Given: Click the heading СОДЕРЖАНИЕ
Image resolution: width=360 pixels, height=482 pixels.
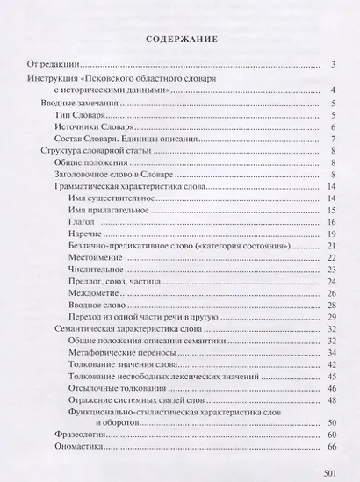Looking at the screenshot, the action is [179, 40].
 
